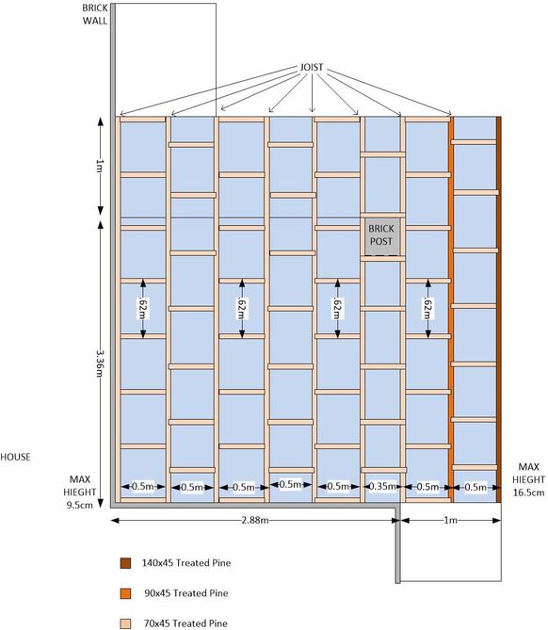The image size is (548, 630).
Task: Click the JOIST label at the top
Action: coord(312,67)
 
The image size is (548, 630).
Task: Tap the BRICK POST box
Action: coord(381,236)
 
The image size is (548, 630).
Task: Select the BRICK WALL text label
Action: coord(95,14)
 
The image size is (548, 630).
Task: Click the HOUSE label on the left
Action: coord(15,457)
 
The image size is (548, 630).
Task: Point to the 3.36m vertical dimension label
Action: coord(101,363)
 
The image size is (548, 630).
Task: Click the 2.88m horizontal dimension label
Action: coord(255,521)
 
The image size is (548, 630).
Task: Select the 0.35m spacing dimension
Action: coord(381,487)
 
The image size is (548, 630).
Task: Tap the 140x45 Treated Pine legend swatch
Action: coord(126,563)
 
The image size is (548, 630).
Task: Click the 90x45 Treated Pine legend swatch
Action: coord(126,593)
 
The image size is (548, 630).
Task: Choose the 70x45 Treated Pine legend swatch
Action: coord(126,623)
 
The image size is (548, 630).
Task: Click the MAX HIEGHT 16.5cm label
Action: coord(529,479)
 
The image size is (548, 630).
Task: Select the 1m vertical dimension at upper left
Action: coord(101,166)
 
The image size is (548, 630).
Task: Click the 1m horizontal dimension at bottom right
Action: coord(450,521)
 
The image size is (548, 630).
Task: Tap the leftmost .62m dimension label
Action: coord(142,308)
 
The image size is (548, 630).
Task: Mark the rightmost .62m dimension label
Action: coord(427,308)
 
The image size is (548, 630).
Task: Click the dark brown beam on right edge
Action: coord(499,310)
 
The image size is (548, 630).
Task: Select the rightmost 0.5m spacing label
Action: coord(475,488)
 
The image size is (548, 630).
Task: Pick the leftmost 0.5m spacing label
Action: coord(142,487)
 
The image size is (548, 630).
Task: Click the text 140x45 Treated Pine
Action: coord(186,563)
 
